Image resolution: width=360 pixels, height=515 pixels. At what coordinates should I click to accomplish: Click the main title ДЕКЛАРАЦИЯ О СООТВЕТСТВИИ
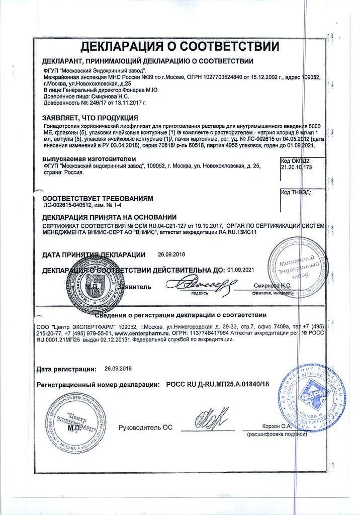(x=179, y=47)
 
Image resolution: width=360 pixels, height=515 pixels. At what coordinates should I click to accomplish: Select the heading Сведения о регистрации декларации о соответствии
(x=180, y=315)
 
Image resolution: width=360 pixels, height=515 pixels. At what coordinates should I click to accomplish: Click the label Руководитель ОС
(x=145, y=427)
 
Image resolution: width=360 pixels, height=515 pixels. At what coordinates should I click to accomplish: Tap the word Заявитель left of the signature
(x=133, y=287)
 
